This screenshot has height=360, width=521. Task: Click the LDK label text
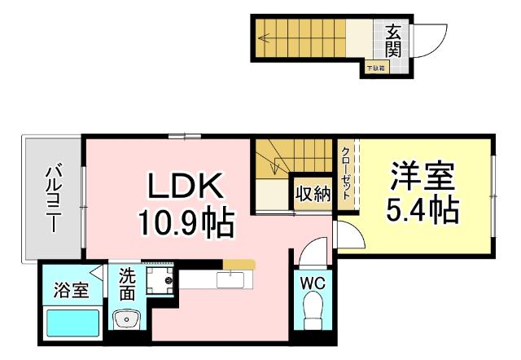click(x=184, y=187)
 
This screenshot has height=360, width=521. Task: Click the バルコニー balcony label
click(x=54, y=199)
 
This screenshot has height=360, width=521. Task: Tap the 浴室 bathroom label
click(x=71, y=291)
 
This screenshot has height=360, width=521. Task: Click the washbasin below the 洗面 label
click(x=126, y=319)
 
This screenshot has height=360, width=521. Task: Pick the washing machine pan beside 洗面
click(x=160, y=281)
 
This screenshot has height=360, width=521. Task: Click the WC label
click(x=313, y=284)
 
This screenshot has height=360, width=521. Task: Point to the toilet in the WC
click(x=313, y=312)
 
